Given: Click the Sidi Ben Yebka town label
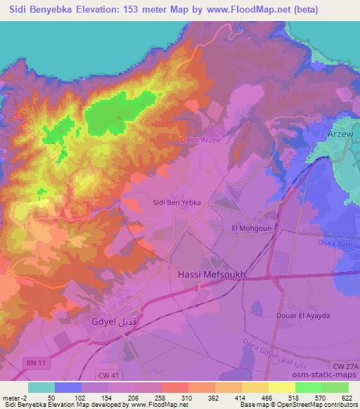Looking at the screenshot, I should [177, 202].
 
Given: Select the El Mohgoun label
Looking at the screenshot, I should [251, 228].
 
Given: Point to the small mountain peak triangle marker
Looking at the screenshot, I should [119, 117].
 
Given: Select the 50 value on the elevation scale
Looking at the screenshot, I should [41, 397].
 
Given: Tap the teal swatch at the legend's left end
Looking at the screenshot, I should [41, 387].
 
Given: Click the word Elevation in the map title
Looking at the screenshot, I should [79, 10].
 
